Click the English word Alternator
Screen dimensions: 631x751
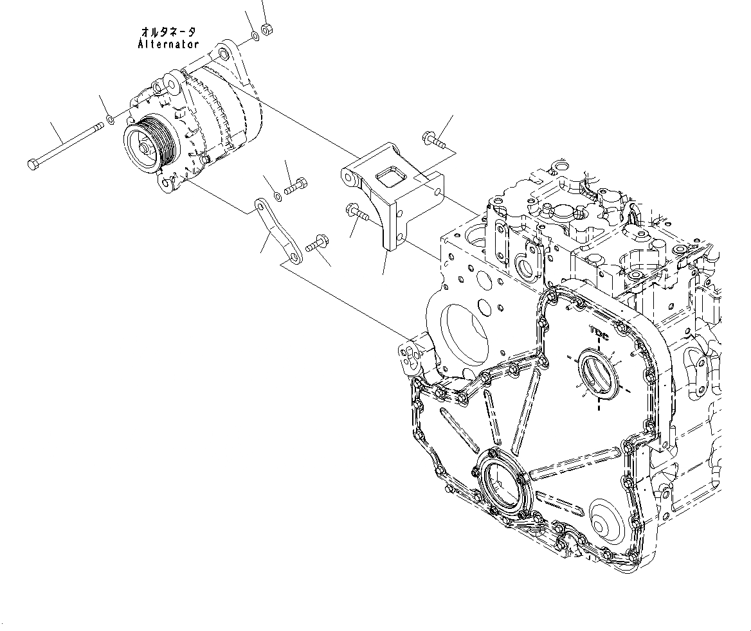click(168, 44)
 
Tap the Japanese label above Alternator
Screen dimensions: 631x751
click(168, 31)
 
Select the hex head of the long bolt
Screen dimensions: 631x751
click(33, 164)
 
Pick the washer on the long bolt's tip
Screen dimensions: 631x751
click(111, 120)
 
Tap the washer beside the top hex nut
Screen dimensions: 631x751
click(255, 35)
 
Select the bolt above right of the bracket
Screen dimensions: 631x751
click(433, 139)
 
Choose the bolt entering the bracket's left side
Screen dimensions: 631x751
click(356, 211)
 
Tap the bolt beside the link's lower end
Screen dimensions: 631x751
click(316, 245)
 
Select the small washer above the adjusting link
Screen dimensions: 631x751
click(276, 195)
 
